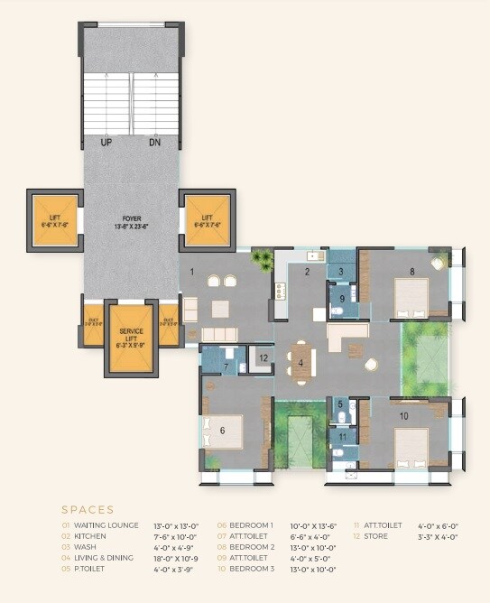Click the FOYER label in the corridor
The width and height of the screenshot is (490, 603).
tap(133, 219)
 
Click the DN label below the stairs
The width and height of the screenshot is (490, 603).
tap(155, 143)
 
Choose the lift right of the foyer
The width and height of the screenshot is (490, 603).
tap(207, 221)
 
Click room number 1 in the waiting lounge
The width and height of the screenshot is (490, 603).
tap(191, 271)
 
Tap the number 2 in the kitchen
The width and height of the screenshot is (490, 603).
tap(307, 271)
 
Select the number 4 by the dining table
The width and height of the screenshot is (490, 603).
tap(301, 364)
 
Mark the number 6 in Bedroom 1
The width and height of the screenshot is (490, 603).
tap(222, 430)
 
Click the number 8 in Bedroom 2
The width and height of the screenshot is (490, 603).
tap(411, 271)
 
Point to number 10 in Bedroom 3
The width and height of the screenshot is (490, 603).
tap(403, 415)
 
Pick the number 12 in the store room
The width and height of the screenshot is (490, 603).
tap(263, 358)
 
